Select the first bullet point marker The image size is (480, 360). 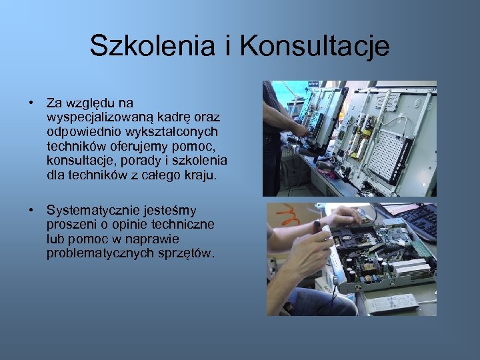[31, 103]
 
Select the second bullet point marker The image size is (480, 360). [31, 211]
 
